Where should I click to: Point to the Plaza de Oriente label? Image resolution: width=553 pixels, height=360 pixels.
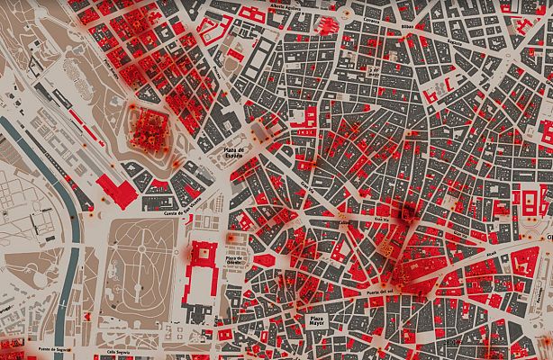[238, 260]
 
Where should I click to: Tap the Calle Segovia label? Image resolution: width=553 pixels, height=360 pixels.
[120, 352]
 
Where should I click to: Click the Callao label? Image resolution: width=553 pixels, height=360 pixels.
[344, 219]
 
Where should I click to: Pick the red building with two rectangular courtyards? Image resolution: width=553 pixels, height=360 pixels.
[523, 200]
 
